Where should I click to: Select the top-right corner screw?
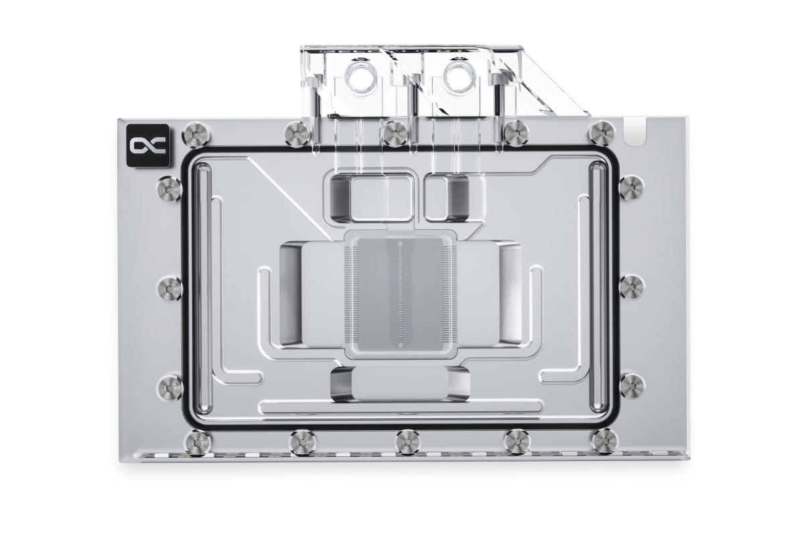(x=602, y=133)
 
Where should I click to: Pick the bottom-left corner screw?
(x=197, y=442)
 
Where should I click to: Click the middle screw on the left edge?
(x=170, y=287)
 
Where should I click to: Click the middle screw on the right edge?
(x=632, y=287)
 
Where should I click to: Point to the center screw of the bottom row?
(x=408, y=442)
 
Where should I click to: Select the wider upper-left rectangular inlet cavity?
(x=371, y=197)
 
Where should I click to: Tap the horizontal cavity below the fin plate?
(x=399, y=385)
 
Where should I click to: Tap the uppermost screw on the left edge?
(x=170, y=188)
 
